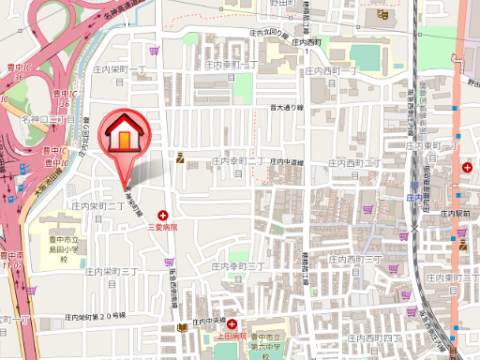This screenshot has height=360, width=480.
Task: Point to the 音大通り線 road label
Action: point(287,108)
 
